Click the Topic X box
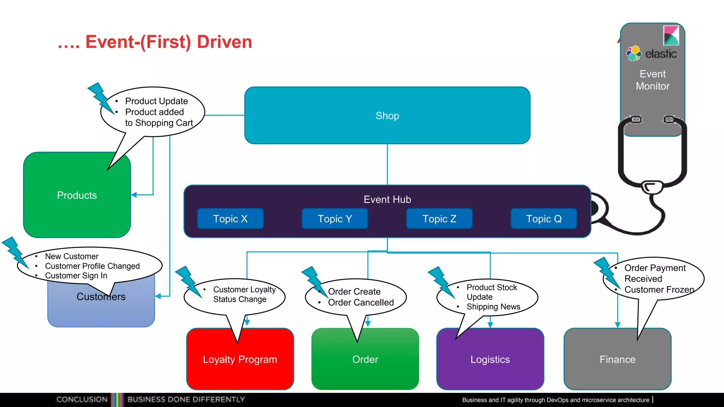(x=230, y=219)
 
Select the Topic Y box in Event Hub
(x=335, y=219)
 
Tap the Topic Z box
(x=439, y=219)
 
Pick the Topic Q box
(x=544, y=219)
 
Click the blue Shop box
(x=387, y=116)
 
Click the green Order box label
(x=365, y=360)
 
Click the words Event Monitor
(x=653, y=80)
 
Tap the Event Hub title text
(x=387, y=199)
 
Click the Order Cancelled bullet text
(x=361, y=302)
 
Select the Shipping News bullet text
(x=493, y=307)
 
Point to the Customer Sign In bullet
(x=76, y=276)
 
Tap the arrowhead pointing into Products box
(x=134, y=195)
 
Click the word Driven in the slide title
(x=224, y=42)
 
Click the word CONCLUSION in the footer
(x=82, y=399)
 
